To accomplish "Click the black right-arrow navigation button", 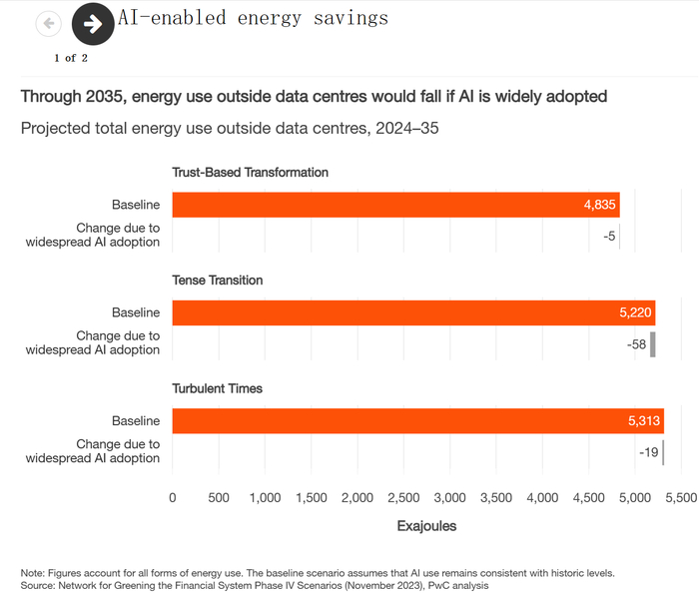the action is pos(93,24).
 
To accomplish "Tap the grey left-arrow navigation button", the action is pos(49,23).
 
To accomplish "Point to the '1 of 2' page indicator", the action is pos(71,58).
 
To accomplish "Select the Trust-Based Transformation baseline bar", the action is pos(395,205).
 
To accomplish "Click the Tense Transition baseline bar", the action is pos(413,312).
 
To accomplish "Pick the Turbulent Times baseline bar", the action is pos(418,421).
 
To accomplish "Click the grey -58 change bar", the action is pos(653,344).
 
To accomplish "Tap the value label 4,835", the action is pos(599,205).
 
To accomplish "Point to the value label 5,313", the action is pos(644,421).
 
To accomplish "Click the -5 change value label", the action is pos(609,237).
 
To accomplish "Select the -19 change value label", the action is pos(649,452).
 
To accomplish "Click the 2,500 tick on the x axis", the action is pos(403,497).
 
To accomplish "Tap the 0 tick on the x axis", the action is pos(173,497).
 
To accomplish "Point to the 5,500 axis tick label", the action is pos(681,497).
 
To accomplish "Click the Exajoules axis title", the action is pos(426,526).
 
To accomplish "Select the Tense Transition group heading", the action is pos(218,281).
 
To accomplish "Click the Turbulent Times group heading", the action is pos(218,388).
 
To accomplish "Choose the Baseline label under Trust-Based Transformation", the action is pos(136,205).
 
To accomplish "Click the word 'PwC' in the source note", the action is pos(438,585).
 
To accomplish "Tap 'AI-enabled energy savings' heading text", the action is pos(254,19).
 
